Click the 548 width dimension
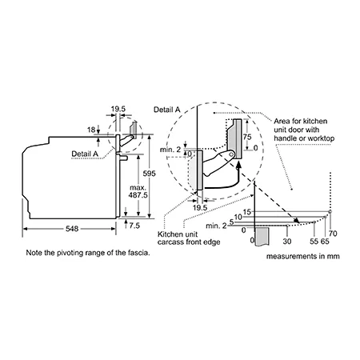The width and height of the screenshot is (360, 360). [72, 229]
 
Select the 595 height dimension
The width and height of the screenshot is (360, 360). [149, 174]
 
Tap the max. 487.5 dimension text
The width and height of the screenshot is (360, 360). [138, 191]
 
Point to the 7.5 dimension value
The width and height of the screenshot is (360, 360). [134, 226]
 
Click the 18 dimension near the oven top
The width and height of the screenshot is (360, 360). [91, 130]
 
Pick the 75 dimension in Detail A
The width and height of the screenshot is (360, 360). [247, 137]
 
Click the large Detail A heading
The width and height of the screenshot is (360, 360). [167, 110]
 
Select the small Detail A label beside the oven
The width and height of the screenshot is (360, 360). [85, 154]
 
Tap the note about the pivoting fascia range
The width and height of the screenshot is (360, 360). [88, 253]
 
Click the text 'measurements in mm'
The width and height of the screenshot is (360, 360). [303, 256]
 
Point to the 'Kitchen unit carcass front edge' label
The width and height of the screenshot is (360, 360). [189, 238]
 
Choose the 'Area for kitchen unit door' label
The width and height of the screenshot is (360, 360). [304, 130]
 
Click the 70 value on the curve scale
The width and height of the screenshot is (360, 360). [333, 234]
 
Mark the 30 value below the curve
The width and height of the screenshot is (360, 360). [287, 242]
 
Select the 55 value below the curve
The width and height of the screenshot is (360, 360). [314, 242]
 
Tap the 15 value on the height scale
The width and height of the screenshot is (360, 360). [247, 212]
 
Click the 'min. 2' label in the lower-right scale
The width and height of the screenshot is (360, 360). [216, 226]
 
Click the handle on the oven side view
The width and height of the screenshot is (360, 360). [124, 158]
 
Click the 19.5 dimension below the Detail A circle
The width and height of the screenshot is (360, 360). [200, 208]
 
